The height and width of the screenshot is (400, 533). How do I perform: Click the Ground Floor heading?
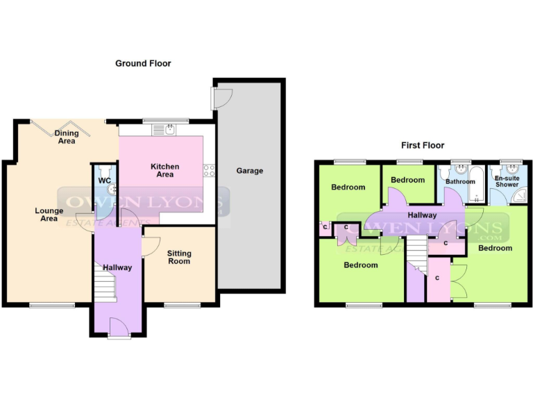pos(143,63)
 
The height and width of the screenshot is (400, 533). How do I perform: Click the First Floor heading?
pos(423,145)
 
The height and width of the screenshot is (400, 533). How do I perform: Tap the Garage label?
pos(250,171)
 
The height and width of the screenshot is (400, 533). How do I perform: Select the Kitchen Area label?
pos(165,170)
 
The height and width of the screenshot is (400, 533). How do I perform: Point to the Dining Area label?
pos(67,137)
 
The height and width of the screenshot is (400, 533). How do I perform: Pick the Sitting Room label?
pos(179,257)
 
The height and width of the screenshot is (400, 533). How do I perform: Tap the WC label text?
pos(105,181)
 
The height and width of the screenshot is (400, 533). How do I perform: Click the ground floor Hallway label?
pos(117,267)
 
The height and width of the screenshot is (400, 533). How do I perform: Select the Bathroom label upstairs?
pos(460,182)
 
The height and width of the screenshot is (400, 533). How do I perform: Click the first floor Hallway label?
pos(422,215)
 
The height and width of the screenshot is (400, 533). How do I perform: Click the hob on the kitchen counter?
pos(208,170)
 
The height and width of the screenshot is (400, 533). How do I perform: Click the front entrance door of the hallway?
pos(119,326)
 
